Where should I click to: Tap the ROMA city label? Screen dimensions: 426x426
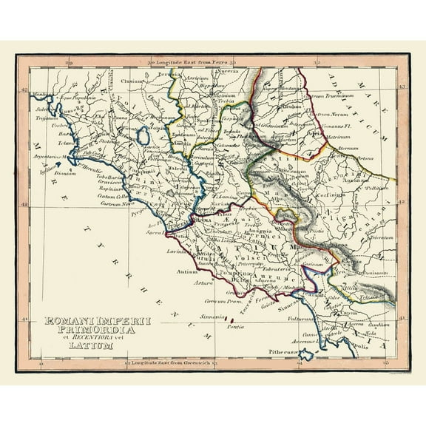(200, 220)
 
